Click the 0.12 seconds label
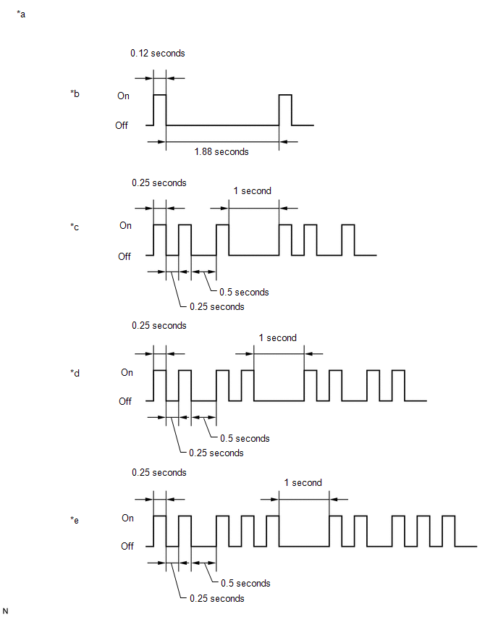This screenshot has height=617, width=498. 157,53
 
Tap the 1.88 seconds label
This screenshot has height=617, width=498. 221,151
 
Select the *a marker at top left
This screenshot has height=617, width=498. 21,14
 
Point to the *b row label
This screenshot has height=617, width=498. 75,93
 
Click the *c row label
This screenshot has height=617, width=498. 75,227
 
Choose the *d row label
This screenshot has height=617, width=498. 75,373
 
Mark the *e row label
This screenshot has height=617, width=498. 75,520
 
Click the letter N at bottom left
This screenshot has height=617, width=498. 5,610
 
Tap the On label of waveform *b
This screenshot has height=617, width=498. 123,96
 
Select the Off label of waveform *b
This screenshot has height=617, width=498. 122,125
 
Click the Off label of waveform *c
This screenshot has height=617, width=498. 124,256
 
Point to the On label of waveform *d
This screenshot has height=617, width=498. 127,372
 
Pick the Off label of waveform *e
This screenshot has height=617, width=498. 127,546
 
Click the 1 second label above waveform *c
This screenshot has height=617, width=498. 252,191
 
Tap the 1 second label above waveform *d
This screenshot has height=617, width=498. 277,337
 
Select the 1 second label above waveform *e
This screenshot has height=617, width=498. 303,482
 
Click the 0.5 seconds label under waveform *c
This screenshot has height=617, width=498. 244,292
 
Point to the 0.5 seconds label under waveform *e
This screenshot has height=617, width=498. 245,583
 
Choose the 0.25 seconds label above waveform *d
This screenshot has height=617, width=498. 159,325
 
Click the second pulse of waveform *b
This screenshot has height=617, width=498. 285,95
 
